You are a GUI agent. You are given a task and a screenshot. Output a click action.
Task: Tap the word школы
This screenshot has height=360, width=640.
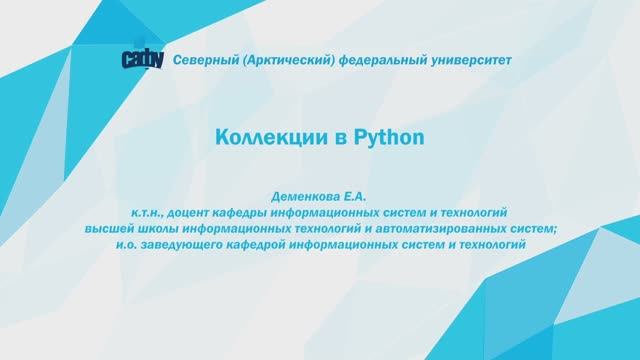(156, 228)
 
